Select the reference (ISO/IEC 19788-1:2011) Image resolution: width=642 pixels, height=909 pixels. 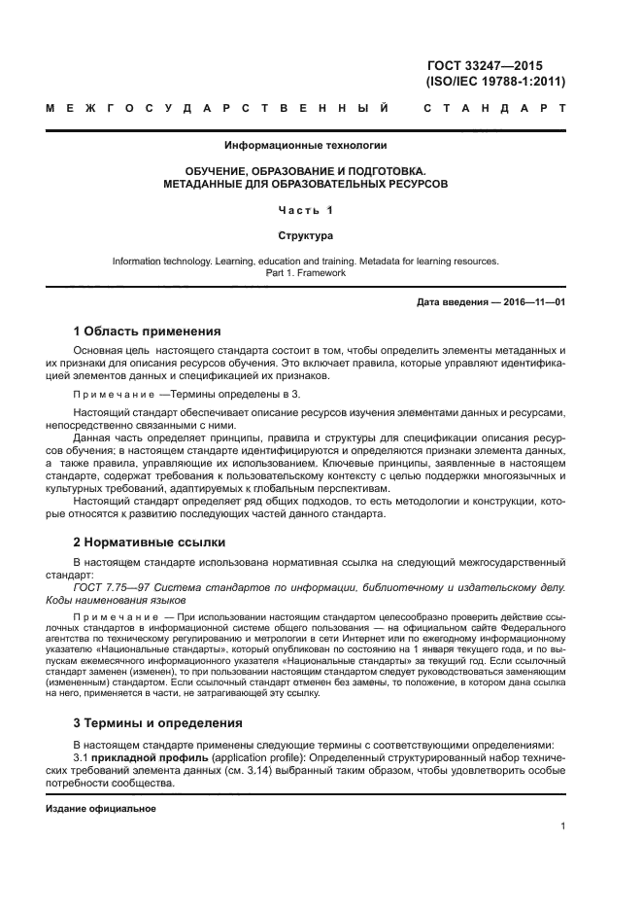[x=495, y=82]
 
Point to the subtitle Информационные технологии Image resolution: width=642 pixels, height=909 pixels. [x=305, y=146]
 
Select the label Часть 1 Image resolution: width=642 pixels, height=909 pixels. [x=305, y=210]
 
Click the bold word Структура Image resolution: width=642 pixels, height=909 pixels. [x=305, y=235]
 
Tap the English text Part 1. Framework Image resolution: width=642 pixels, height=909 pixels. [x=305, y=273]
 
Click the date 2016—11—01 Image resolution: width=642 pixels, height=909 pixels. [x=531, y=303]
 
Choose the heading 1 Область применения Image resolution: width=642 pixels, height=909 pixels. [x=148, y=331]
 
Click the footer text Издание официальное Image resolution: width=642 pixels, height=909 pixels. [x=101, y=808]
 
